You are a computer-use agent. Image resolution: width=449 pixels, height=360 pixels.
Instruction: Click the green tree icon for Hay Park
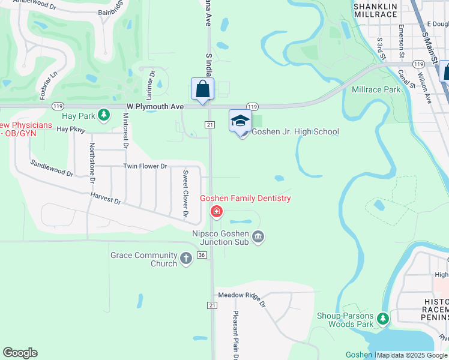104,114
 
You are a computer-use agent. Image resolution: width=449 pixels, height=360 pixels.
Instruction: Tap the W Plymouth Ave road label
155,106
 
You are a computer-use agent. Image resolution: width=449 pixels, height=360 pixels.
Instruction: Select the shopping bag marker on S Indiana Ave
202,89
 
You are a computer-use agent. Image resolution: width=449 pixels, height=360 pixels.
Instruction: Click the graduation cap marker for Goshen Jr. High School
240,121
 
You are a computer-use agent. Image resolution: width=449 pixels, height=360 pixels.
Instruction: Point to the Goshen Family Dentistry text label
245,199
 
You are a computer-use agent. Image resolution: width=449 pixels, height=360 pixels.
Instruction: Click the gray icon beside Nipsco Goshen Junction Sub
258,238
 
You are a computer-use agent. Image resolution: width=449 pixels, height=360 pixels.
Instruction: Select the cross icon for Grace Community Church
186,259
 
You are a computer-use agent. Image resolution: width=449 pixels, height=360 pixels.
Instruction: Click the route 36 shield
202,255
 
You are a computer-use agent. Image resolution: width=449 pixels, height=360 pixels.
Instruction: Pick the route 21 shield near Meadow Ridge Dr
212,305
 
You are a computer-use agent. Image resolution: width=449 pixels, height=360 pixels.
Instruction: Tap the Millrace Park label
376,89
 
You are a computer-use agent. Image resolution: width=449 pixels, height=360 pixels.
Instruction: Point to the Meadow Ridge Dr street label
241,295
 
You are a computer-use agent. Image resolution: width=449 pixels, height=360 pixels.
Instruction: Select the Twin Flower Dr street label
145,166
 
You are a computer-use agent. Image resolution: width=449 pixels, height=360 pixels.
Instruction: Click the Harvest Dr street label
106,199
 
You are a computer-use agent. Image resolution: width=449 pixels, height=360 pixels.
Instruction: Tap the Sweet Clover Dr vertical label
185,194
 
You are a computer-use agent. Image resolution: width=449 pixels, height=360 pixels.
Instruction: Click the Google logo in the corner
20,353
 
